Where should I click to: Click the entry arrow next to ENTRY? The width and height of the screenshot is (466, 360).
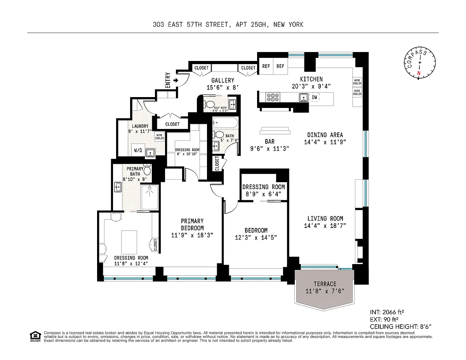[x=176, y=81]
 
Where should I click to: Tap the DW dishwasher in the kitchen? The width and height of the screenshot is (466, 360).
[x=315, y=97]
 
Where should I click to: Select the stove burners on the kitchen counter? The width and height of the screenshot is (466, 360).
[x=273, y=97]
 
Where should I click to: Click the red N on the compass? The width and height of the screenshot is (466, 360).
[x=419, y=73]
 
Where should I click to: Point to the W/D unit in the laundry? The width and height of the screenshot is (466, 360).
[x=138, y=150]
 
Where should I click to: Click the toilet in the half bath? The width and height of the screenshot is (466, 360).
[x=209, y=104]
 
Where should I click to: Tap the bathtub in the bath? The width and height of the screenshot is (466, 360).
[x=225, y=123]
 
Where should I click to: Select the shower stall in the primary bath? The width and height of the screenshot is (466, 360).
[x=150, y=197]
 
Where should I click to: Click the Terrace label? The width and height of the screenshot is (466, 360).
[x=325, y=284]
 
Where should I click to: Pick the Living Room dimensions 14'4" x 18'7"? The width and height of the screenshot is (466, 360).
[x=325, y=226]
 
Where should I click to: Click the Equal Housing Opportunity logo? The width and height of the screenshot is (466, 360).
[x=35, y=336]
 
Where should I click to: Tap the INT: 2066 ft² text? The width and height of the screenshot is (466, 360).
[x=387, y=312]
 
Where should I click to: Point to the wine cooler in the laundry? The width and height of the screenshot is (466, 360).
[x=159, y=137]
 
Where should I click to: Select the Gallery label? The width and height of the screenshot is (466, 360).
[x=223, y=80]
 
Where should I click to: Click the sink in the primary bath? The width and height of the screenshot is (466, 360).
[x=118, y=187]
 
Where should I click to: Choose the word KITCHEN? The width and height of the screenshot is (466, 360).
[x=311, y=79]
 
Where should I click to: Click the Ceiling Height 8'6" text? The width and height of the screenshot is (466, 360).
[x=401, y=327]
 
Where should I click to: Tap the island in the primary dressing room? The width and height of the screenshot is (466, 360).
[x=129, y=242]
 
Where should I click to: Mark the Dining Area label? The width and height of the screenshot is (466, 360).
[x=325, y=135]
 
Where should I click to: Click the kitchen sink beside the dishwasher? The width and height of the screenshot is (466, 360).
[x=304, y=97]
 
